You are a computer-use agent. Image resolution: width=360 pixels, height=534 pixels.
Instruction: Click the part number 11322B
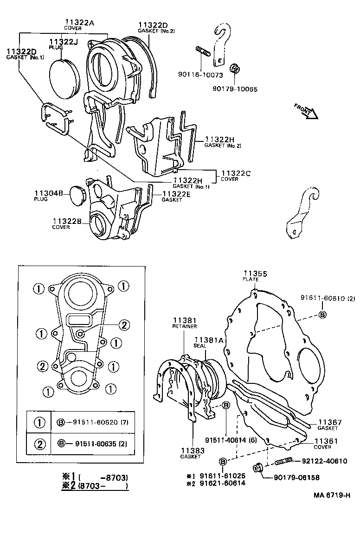tap(67, 221)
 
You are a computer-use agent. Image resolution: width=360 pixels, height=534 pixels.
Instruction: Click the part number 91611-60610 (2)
tap(327, 299)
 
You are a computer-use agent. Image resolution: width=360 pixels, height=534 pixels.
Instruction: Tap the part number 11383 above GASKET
tap(192, 450)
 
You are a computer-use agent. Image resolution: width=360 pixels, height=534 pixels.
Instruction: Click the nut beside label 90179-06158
tap(258, 469)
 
